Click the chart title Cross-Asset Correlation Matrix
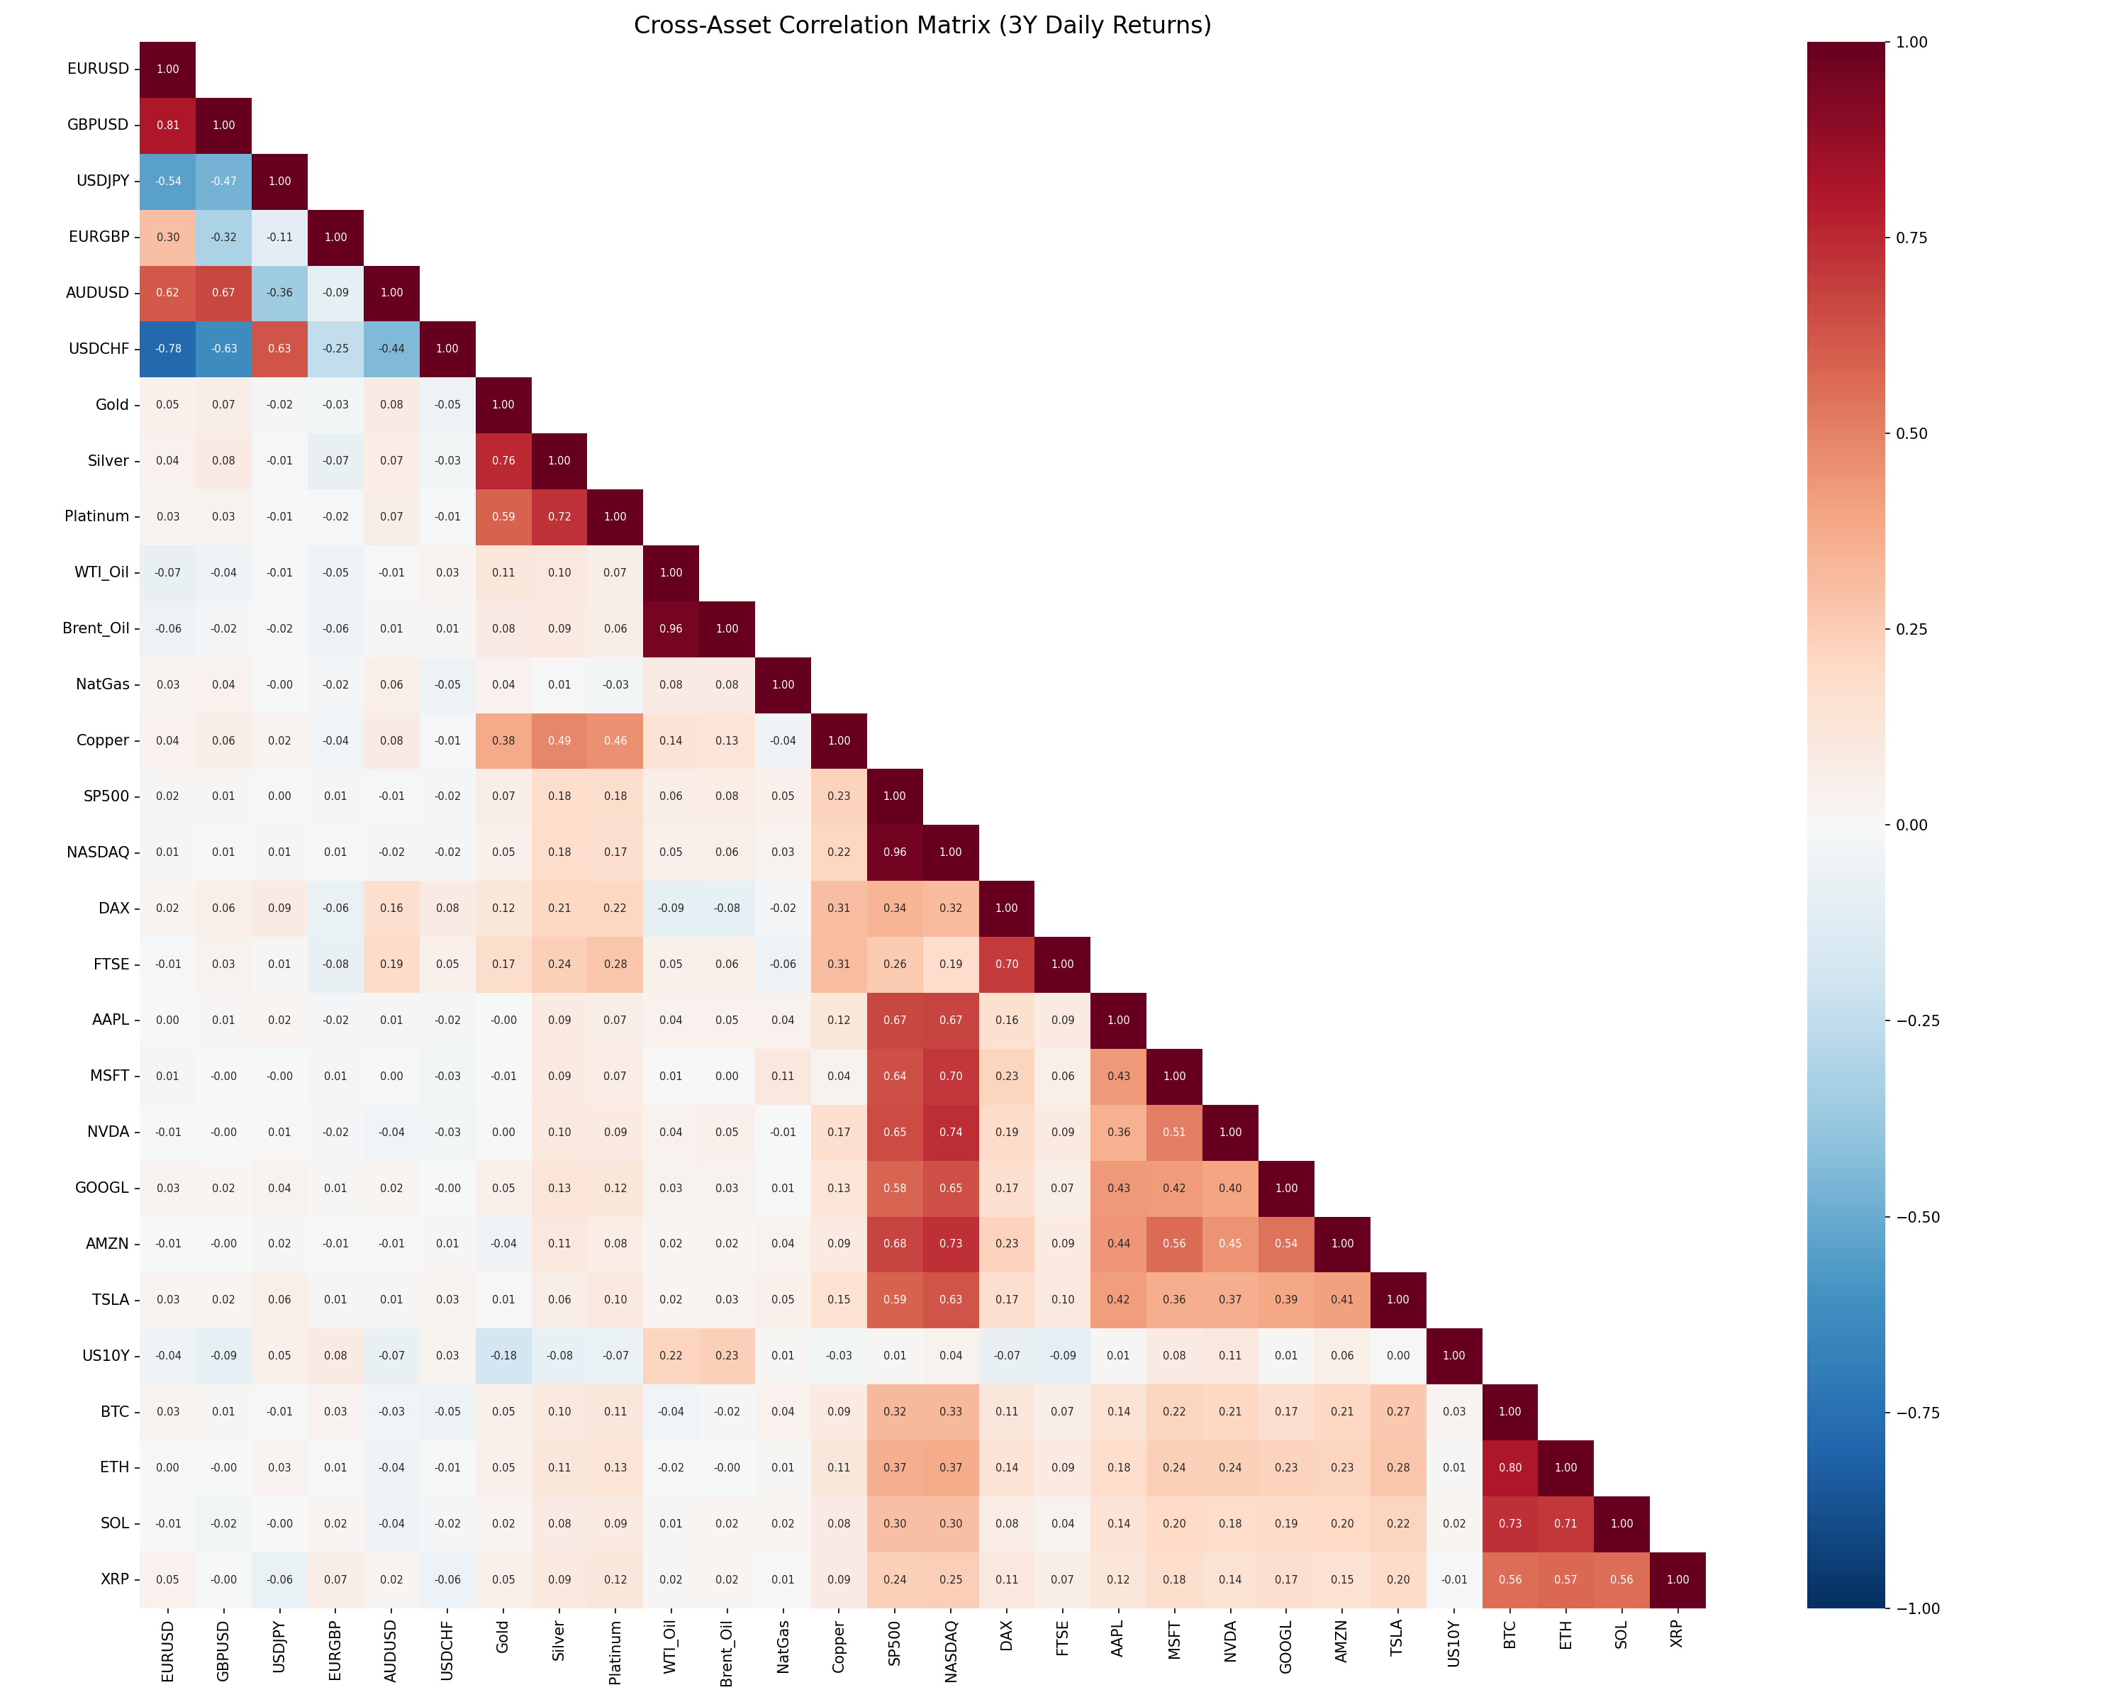click(922, 26)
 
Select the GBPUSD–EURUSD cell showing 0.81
click(168, 126)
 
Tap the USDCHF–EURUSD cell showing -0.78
click(168, 348)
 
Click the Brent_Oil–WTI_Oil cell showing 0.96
click(671, 628)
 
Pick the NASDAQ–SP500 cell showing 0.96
click(895, 852)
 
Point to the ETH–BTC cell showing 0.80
click(1509, 1467)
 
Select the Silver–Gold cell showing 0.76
click(503, 461)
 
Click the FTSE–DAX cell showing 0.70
click(1006, 964)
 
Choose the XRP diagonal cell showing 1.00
click(1677, 1579)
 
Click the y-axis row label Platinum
click(96, 516)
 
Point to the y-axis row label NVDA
click(108, 1132)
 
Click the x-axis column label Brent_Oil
click(727, 1652)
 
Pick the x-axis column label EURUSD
click(168, 1651)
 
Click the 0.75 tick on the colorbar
click(1911, 238)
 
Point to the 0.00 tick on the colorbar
click(1911, 825)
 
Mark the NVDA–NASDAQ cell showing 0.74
click(950, 1132)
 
